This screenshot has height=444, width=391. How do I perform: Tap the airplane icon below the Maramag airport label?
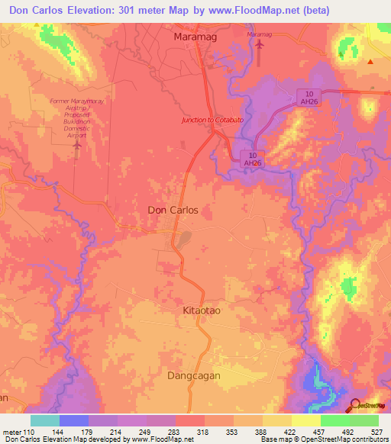click(259, 44)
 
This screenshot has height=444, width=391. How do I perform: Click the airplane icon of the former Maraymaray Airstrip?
click(76, 143)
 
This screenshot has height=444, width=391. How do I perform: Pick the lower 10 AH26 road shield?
click(252, 158)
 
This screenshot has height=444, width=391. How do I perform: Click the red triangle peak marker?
click(370, 62)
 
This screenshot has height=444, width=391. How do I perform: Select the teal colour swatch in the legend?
click(44, 420)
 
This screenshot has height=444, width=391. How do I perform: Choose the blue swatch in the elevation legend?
click(73, 420)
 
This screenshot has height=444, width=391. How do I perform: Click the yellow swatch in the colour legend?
click(305, 420)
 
